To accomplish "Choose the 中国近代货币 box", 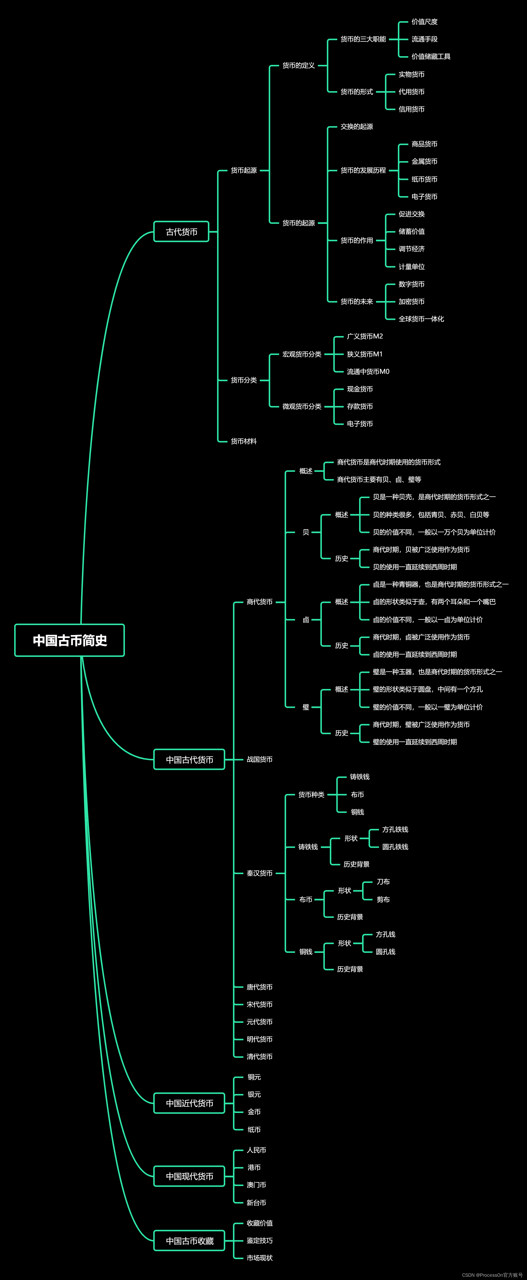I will coord(189,1103).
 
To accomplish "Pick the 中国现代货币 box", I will coord(189,1176).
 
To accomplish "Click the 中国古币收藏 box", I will coord(189,1241).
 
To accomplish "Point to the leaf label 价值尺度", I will coord(424,22).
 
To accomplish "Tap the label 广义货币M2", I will coord(365,336).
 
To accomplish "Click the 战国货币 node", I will coord(259,759).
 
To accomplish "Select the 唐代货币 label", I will coord(259,987).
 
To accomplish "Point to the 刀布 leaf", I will coord(383,882).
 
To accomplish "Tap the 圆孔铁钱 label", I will coord(395,847).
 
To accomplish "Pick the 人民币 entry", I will coord(256,1150).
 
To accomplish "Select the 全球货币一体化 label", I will coord(421,319).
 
